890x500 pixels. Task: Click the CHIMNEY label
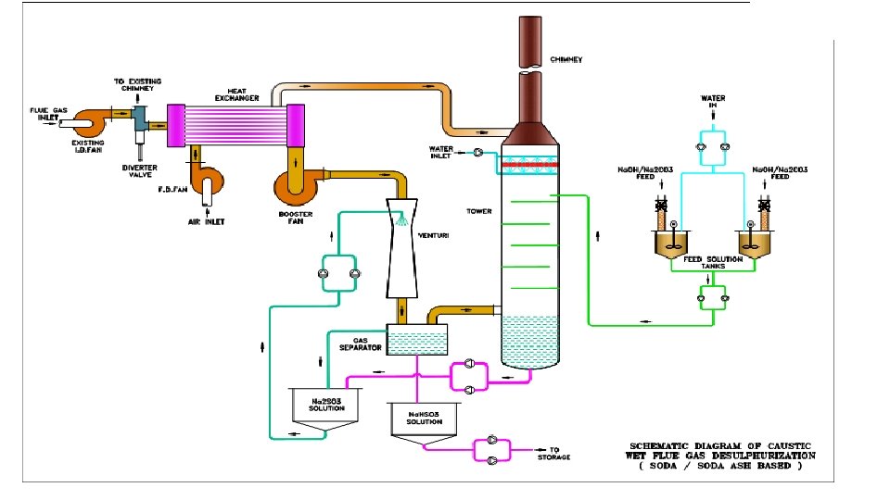pos(566,59)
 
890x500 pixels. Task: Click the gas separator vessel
pos(415,340)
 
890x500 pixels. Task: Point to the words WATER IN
pos(713,101)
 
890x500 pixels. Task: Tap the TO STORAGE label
pos(556,454)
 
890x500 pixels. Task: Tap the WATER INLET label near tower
pos(440,153)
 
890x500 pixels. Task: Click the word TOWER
pos(479,212)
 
